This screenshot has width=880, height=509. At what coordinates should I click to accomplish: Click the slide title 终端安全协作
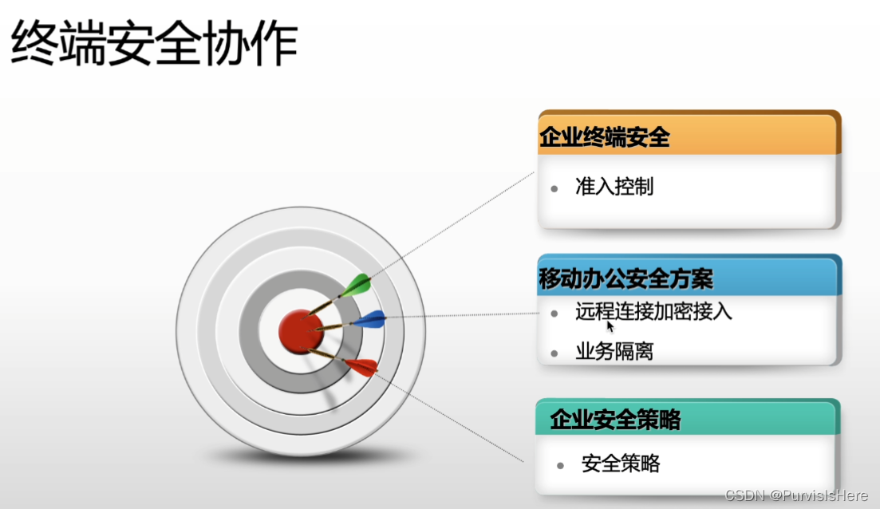coord(154,44)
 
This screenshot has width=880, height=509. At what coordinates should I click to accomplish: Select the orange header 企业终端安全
coord(605,137)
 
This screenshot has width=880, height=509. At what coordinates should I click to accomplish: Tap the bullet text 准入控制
coord(614,187)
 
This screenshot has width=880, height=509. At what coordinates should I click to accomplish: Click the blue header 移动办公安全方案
coord(626,278)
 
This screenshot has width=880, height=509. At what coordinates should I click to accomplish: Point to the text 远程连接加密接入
coord(653,311)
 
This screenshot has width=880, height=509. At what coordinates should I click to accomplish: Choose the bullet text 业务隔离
coord(614,351)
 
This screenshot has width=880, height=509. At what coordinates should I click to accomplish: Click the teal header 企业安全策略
coord(615,419)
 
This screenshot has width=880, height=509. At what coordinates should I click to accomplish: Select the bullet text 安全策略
coord(621,463)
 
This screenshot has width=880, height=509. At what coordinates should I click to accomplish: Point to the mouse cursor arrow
coord(610,326)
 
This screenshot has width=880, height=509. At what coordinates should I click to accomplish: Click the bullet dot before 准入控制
coord(554,188)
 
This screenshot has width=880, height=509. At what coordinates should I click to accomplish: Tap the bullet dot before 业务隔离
coord(554,353)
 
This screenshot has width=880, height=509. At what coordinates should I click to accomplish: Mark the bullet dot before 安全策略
coord(561,465)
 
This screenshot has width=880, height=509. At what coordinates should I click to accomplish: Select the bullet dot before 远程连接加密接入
coord(554,313)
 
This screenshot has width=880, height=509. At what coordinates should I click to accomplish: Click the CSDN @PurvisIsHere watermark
coord(795,495)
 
